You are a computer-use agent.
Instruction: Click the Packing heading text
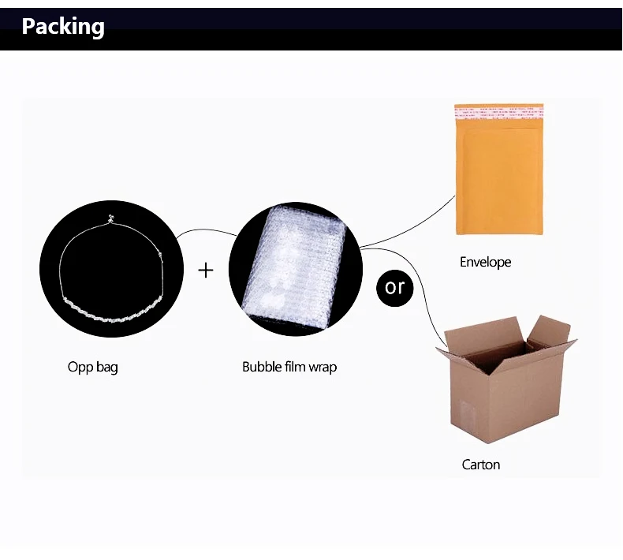point(63,27)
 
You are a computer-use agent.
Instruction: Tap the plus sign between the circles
point(206,271)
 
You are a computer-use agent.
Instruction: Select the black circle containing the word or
point(394,288)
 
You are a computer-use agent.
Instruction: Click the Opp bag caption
point(92,367)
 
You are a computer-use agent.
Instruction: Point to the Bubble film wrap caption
point(289,367)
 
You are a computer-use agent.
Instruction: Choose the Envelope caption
point(485,262)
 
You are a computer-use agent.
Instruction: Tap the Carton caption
point(481,465)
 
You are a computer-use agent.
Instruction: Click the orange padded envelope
point(499,170)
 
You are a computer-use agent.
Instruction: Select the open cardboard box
point(506,379)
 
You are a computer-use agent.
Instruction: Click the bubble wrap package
point(295,269)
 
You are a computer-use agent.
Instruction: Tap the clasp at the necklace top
point(111,218)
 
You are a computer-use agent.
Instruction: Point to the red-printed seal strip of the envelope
point(499,112)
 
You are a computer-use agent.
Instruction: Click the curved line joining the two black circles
point(206,230)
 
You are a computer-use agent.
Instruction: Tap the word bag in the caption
point(107,368)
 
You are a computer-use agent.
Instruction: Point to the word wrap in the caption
point(323,368)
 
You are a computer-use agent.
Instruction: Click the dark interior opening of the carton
point(497,354)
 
